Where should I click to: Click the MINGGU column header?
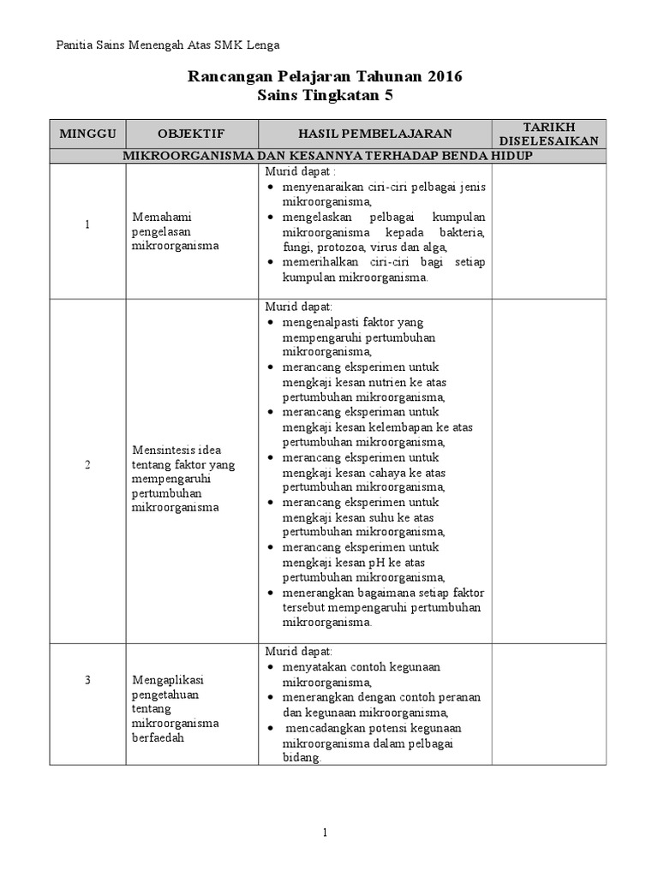click(87, 134)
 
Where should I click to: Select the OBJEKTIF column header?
click(191, 134)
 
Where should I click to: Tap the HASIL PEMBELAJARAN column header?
click(374, 134)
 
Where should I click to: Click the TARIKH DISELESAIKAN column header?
click(549, 134)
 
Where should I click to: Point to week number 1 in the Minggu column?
click(87, 224)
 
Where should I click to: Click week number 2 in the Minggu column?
click(87, 464)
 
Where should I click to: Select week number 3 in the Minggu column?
click(87, 680)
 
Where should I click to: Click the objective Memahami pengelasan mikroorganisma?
click(176, 231)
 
